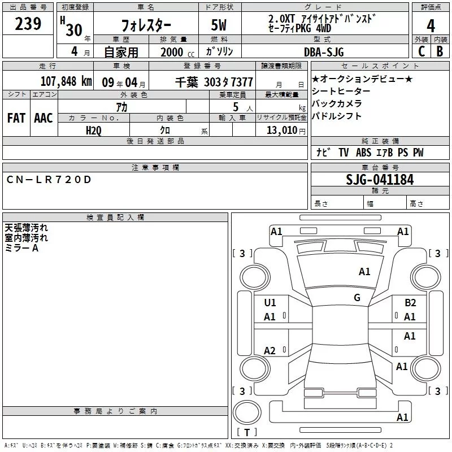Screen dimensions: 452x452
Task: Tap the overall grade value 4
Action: (x=431, y=25)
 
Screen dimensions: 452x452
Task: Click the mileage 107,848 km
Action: (x=66, y=81)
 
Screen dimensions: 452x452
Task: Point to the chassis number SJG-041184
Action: (x=380, y=180)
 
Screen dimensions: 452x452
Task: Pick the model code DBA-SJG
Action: (x=324, y=52)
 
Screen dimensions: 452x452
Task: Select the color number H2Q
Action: (x=94, y=130)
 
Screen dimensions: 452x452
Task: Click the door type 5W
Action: (x=220, y=26)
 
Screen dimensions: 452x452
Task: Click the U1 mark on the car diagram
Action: (x=270, y=303)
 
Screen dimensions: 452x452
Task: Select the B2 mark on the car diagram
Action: (x=410, y=303)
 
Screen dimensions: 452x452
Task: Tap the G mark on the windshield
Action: (x=357, y=298)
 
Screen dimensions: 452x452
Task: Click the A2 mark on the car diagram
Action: (x=270, y=351)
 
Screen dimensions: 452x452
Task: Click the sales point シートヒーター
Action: (x=341, y=92)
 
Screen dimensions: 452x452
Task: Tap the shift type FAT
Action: (x=16, y=118)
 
